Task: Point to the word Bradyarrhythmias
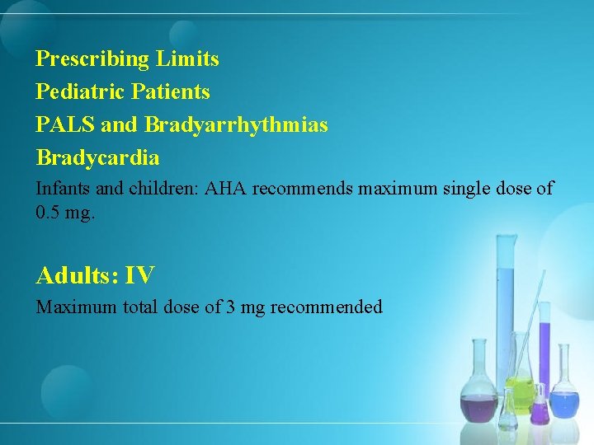(x=236, y=124)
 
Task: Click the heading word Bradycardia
(x=97, y=157)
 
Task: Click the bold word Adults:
(x=78, y=275)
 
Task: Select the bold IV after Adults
(x=140, y=275)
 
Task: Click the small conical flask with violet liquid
(x=540, y=408)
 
